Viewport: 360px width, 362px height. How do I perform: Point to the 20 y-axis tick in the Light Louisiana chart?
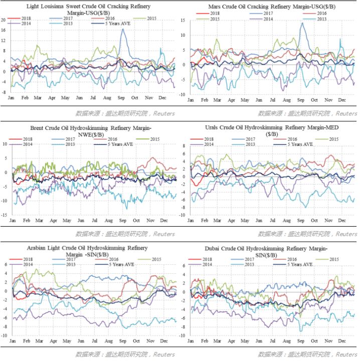pos(4,20)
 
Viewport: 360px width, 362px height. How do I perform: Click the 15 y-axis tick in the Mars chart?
pos(184,20)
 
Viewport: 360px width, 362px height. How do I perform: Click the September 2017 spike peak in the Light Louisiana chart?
pos(123,30)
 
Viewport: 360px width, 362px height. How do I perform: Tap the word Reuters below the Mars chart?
pos(346,114)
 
